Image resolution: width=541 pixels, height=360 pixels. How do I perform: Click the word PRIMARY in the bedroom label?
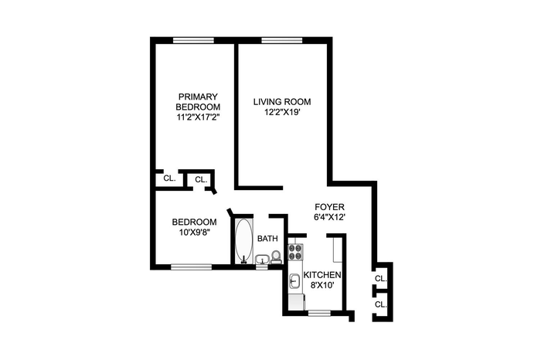pyautogui.click(x=198, y=97)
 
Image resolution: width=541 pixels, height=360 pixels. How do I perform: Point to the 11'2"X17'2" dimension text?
pyautogui.click(x=199, y=117)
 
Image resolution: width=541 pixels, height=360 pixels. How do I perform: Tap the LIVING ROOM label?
pyautogui.click(x=282, y=102)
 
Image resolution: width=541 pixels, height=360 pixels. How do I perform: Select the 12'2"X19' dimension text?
pyautogui.click(x=282, y=113)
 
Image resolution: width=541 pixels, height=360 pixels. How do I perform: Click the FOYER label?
pyautogui.click(x=329, y=207)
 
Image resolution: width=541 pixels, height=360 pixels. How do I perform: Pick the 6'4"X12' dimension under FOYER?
pyautogui.click(x=329, y=218)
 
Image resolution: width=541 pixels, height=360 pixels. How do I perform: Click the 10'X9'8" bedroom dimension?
pyautogui.click(x=195, y=233)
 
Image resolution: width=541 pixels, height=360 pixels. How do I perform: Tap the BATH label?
pyautogui.click(x=267, y=238)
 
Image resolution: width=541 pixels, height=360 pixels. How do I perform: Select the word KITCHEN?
pyautogui.click(x=322, y=275)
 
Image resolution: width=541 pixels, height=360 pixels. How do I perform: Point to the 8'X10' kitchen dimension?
pyautogui.click(x=322, y=286)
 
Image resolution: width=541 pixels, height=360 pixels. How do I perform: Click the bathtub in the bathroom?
pyautogui.click(x=243, y=240)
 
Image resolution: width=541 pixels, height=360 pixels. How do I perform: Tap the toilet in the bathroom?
pyautogui.click(x=276, y=256)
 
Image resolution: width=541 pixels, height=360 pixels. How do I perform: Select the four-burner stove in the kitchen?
pyautogui.click(x=295, y=252)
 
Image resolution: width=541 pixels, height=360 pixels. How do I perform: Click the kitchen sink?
pyautogui.click(x=294, y=280)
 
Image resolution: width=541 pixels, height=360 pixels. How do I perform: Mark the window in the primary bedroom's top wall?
pyautogui.click(x=193, y=40)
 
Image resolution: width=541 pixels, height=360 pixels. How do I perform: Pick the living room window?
pyautogui.click(x=282, y=40)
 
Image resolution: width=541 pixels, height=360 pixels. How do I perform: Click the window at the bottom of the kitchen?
pyautogui.click(x=319, y=313)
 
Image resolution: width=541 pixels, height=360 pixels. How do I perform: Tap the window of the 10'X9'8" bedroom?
pyautogui.click(x=191, y=267)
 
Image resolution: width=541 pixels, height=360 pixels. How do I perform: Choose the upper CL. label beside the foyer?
pyautogui.click(x=380, y=279)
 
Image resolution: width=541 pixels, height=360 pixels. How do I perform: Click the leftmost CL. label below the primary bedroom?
pyautogui.click(x=169, y=178)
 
